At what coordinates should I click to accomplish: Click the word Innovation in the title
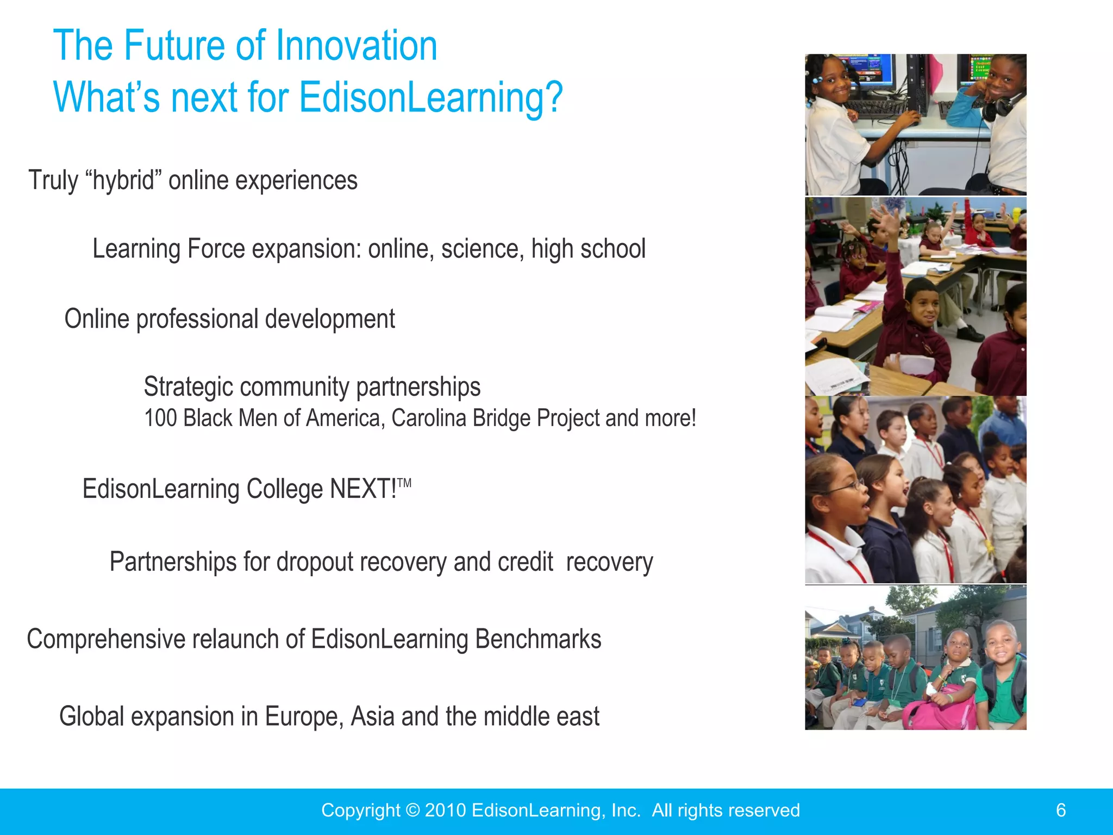[x=357, y=46]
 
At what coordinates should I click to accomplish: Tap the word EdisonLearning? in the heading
[x=430, y=98]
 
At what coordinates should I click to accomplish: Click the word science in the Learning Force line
[x=483, y=249]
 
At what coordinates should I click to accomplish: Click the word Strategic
[x=188, y=387]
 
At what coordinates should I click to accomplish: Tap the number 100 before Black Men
[x=160, y=419]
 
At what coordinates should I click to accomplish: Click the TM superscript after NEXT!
[x=404, y=483]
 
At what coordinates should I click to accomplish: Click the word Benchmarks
[x=538, y=639]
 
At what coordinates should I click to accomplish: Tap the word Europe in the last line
[x=304, y=716]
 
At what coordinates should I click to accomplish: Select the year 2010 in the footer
[x=445, y=811]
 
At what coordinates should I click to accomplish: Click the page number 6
[x=1061, y=811]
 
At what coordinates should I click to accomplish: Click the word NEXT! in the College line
[x=363, y=489]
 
